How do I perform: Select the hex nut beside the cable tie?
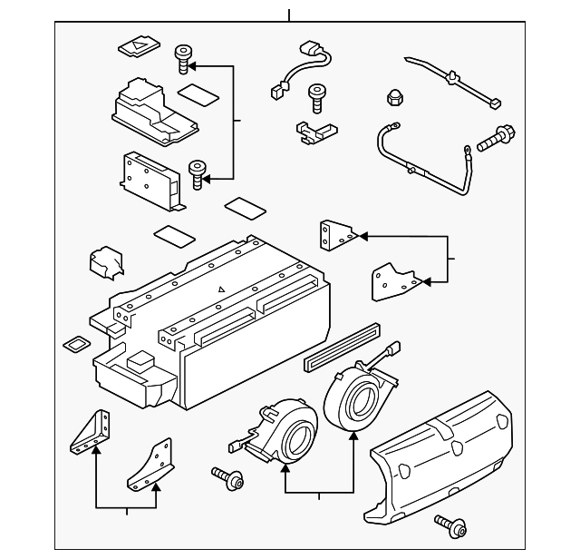395,96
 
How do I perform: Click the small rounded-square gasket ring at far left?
75,345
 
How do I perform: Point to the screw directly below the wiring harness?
317,93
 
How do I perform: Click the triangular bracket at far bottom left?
92,432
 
